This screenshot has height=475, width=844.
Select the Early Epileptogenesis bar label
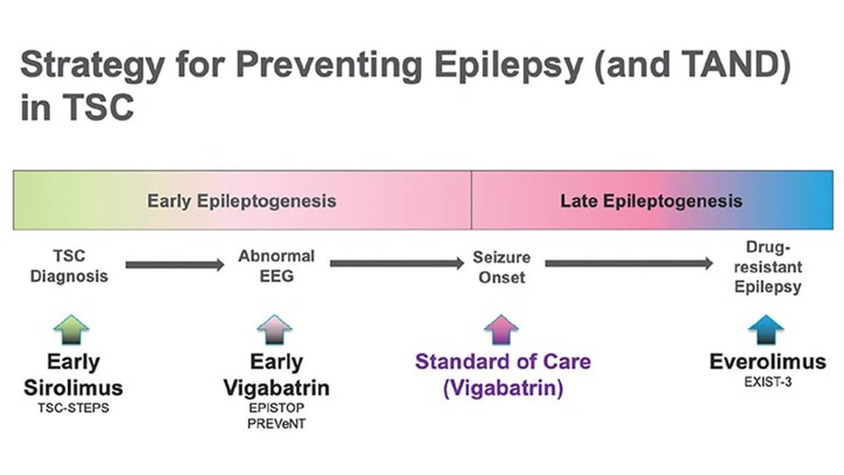pos(241,201)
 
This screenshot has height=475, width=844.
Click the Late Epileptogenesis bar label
pos(650,201)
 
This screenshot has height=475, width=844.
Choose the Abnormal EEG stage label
pos(276,266)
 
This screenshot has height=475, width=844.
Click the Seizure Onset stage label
pos(501,268)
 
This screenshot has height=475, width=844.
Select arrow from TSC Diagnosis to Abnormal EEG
pos(174,264)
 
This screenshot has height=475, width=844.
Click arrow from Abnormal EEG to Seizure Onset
pos(397,263)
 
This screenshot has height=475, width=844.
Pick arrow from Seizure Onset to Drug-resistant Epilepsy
pos(629,263)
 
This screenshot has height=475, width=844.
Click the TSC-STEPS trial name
pos(73,408)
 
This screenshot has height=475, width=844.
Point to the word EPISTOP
pos(276,408)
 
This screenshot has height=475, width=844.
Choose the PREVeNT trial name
pos(276,424)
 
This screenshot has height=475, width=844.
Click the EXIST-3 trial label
pos(767,382)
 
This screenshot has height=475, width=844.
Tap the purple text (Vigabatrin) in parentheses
pos(503,388)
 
